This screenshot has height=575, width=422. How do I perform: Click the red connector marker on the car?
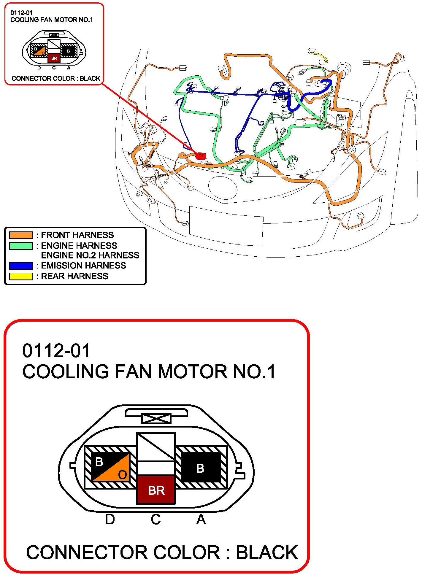(x=201, y=156)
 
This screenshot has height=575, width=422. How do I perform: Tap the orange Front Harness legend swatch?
(x=21, y=235)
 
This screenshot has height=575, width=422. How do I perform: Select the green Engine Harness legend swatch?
(x=21, y=246)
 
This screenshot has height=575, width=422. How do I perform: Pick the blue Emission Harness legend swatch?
(x=21, y=266)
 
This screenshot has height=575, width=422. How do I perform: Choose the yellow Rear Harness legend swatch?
(x=21, y=276)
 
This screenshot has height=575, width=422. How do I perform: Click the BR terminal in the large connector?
(x=156, y=490)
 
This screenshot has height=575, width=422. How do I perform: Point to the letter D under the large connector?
(x=110, y=520)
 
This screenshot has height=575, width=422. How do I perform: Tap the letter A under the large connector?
(x=201, y=520)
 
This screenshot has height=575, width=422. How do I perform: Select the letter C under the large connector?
(x=156, y=520)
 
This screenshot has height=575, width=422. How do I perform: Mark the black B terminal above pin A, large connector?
(x=200, y=468)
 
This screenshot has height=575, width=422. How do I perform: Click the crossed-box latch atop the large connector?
(x=156, y=419)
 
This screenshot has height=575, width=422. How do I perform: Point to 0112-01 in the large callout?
(x=56, y=351)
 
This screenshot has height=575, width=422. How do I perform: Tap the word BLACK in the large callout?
(x=267, y=552)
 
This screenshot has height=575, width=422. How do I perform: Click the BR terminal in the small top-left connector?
(x=54, y=58)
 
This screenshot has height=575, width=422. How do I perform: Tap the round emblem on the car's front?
(x=223, y=188)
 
